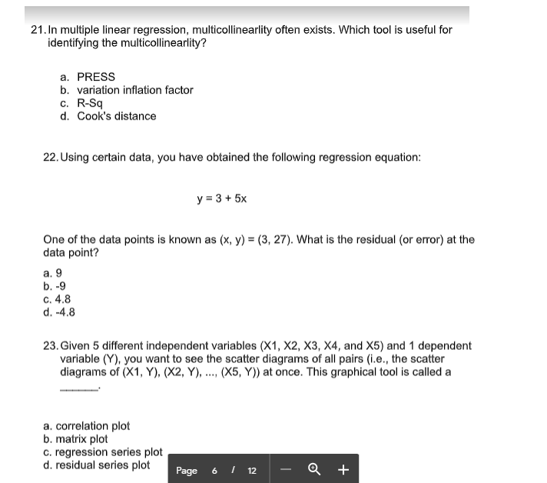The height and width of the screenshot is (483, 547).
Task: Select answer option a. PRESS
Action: [x=88, y=77]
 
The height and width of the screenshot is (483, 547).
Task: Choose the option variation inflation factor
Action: [x=127, y=90]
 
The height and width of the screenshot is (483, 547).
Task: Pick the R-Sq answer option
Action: [x=81, y=103]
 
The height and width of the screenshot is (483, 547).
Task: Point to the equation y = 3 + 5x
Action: [x=222, y=198]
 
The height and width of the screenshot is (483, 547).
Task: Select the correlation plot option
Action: [x=87, y=426]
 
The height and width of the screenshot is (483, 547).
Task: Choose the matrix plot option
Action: [x=76, y=439]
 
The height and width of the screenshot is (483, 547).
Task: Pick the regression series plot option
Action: [x=103, y=452]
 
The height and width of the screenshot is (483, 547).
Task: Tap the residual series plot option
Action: [x=97, y=465]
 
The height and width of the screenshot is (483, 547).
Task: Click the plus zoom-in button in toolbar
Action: [x=343, y=469]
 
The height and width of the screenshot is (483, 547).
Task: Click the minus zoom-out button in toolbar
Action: [x=286, y=469]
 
